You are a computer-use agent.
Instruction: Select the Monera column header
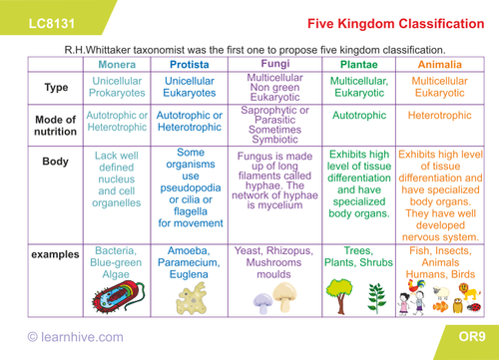[x=118, y=65]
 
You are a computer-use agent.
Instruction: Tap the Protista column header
[x=189, y=65]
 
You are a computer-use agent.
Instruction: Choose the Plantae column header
[x=357, y=65]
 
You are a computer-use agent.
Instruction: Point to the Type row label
[x=56, y=87]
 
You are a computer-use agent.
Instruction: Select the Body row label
[x=56, y=160]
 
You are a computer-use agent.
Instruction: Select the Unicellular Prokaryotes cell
[x=118, y=88]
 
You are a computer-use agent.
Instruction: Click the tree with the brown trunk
[x=339, y=292]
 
